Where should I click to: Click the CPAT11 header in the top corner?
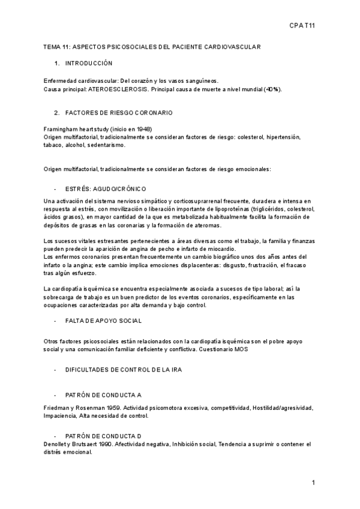[x=302, y=26]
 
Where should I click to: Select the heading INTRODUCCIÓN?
[x=89, y=63]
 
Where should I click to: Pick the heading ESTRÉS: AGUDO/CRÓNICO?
[x=106, y=188]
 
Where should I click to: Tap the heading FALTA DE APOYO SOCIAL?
[x=104, y=321]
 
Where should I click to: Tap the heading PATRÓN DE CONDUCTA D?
[x=103, y=435]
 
